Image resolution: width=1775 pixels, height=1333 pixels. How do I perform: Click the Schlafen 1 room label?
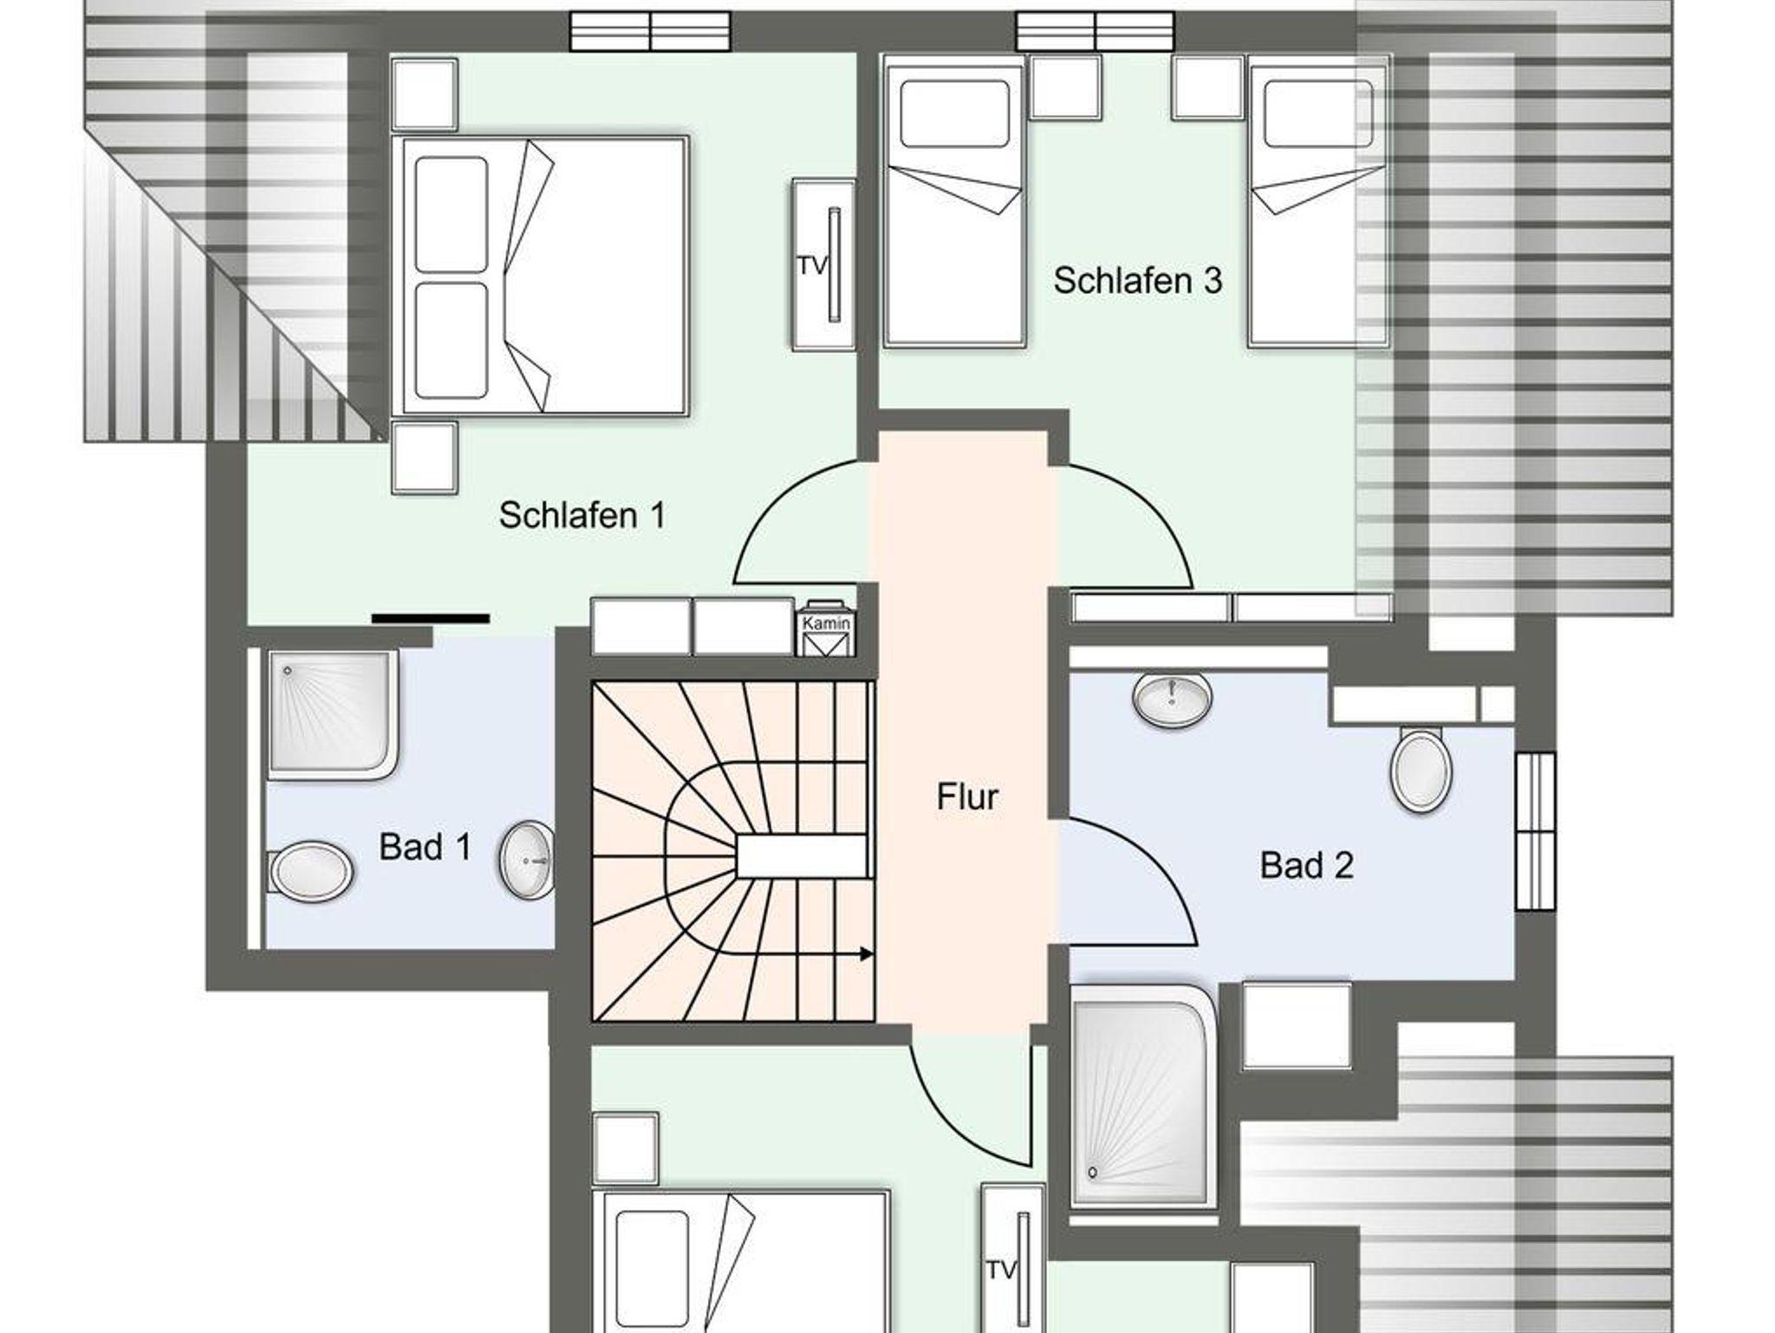(x=582, y=515)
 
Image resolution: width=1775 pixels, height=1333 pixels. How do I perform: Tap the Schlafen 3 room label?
(x=1137, y=280)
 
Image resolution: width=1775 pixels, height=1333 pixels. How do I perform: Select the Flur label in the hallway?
(x=967, y=797)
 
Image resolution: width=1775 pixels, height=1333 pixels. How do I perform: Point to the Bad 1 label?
(x=425, y=847)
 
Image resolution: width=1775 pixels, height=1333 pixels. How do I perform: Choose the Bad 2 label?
(x=1306, y=865)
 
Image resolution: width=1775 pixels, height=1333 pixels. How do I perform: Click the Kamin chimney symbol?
(x=826, y=628)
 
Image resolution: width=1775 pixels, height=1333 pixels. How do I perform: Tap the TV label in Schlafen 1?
(x=812, y=266)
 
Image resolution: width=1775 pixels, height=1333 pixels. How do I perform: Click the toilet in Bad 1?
(x=311, y=870)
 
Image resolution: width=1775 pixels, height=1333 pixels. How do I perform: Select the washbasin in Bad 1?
(x=527, y=859)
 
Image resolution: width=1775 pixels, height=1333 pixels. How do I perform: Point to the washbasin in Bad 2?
(x=1172, y=699)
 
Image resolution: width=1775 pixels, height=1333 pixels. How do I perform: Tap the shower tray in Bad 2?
(x=1141, y=1097)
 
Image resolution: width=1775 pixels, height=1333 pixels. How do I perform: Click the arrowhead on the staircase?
(x=866, y=954)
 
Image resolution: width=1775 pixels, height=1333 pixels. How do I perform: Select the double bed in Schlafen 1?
(x=540, y=276)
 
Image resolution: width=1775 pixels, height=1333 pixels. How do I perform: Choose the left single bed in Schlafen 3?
(x=954, y=201)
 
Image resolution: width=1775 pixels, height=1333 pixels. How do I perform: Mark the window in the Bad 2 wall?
(x=1534, y=831)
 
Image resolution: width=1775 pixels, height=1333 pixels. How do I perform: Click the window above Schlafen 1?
(x=650, y=32)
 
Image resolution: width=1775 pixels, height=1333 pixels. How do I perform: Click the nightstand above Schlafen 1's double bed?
(x=425, y=94)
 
